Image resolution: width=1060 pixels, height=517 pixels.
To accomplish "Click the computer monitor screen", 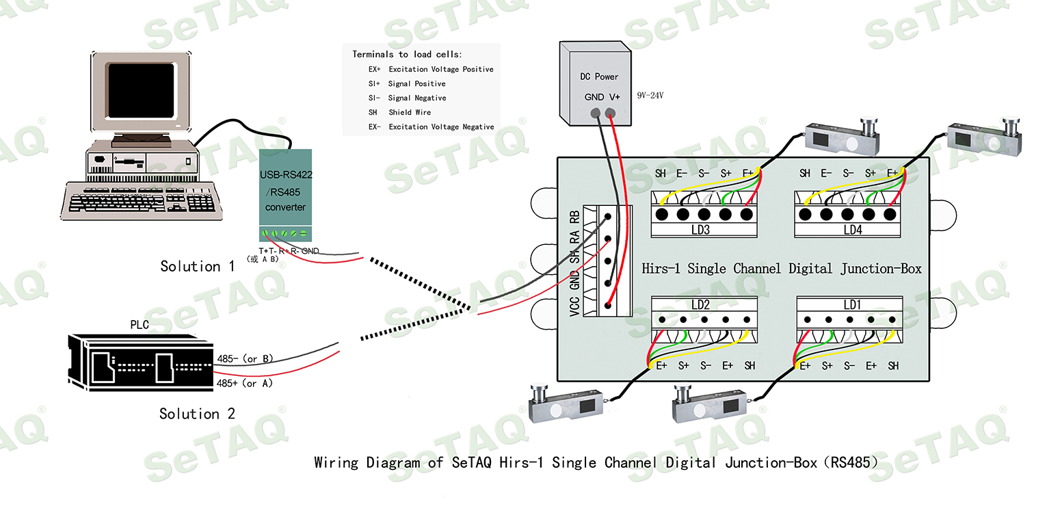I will [x=142, y=92].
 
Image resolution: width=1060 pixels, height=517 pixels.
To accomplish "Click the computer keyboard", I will [x=145, y=199].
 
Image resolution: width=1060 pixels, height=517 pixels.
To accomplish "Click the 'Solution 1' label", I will [x=197, y=266].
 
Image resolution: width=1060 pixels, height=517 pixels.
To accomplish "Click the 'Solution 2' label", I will [x=197, y=414].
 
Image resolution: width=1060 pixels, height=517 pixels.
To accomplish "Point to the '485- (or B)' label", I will [x=246, y=358].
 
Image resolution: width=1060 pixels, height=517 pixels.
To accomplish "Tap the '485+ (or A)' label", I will [x=245, y=384].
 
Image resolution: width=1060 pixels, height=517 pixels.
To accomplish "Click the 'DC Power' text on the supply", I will [x=599, y=77].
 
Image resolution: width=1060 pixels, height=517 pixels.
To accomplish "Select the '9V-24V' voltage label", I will [x=650, y=96].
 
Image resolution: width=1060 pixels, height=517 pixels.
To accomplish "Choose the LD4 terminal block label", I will [x=852, y=230].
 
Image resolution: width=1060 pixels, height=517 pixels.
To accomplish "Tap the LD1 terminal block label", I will [x=851, y=304].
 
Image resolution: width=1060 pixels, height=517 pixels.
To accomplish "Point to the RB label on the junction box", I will [x=574, y=218].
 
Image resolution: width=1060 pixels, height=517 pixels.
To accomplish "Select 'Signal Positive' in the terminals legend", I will [x=416, y=83].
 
